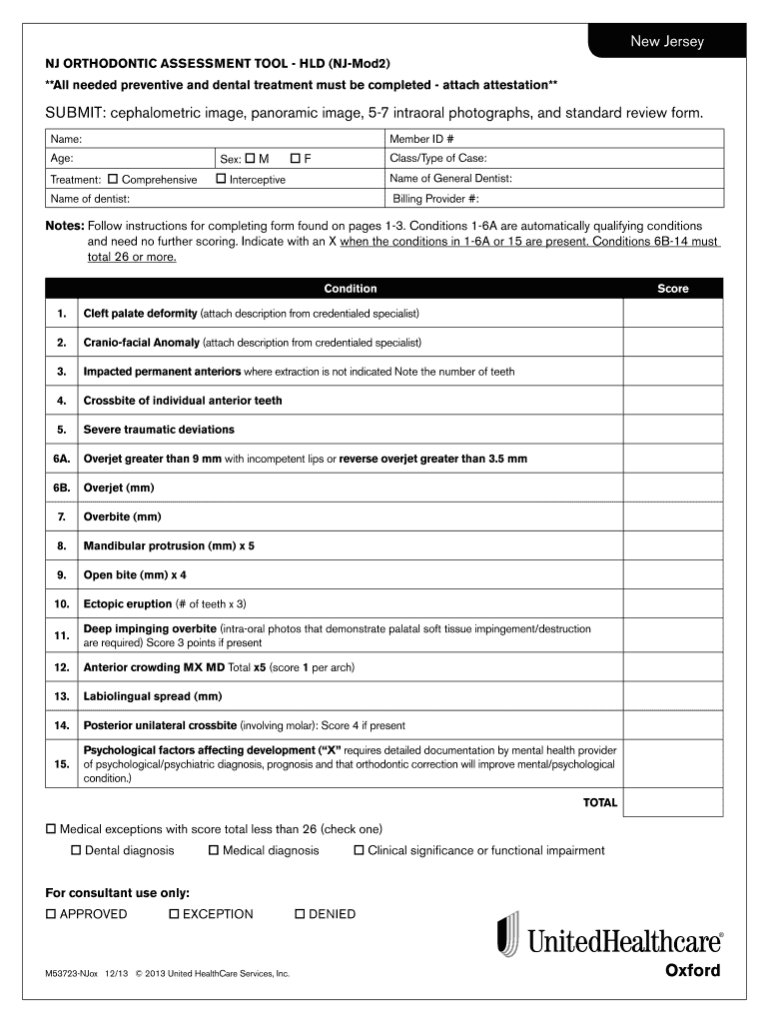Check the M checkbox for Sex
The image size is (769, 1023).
coord(250,159)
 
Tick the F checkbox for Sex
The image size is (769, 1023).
coord(297,159)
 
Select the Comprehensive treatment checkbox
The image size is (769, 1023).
coord(113,179)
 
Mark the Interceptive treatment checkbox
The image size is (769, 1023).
coord(221,179)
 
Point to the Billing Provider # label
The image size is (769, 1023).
coord(436,199)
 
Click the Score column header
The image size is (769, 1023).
coord(672,289)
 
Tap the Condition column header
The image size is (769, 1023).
coord(351,289)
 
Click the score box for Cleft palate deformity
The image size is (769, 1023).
coord(672,314)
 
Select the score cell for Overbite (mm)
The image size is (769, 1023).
coord(672,517)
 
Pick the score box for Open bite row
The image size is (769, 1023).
coord(672,575)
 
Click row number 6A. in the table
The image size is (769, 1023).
coord(62,459)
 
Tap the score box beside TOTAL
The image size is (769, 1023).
coord(672,802)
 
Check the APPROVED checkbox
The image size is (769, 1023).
coord(51,914)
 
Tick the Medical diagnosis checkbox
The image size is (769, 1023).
coord(214,851)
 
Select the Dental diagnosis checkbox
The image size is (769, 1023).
coord(76,851)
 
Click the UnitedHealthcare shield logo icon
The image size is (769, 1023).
coord(508,933)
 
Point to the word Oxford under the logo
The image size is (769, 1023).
coord(692,970)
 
